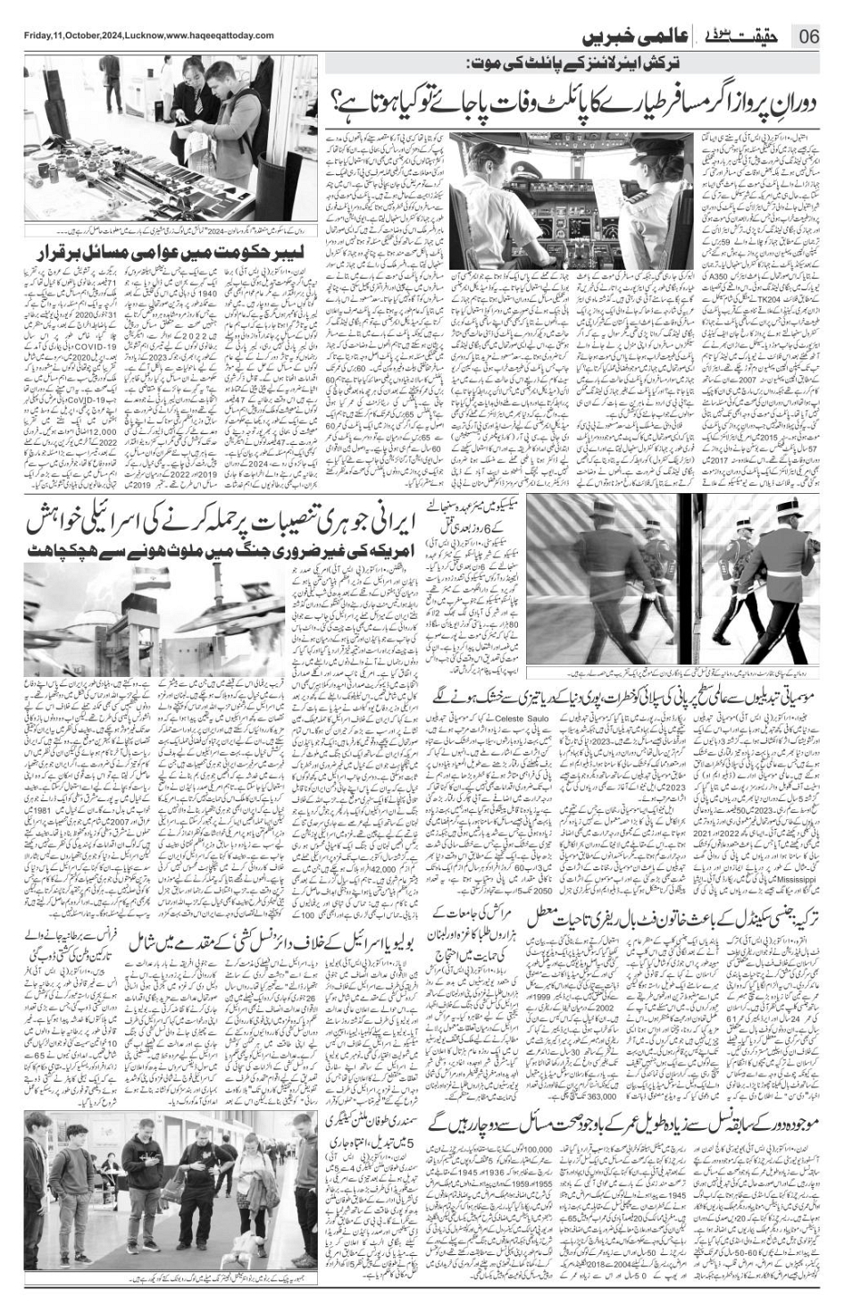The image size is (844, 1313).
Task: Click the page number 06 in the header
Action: [809, 37]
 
